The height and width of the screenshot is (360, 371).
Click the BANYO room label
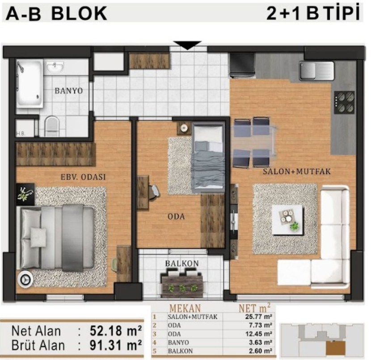click(69, 91)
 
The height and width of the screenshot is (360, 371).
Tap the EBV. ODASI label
click(83, 177)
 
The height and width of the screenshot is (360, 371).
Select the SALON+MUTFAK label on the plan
click(297, 172)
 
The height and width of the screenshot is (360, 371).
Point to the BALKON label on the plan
click(182, 264)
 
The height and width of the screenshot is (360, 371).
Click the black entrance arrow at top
click(187, 46)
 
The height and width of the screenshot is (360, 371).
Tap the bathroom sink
click(55, 67)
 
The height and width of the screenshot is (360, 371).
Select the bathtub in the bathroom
click(30, 84)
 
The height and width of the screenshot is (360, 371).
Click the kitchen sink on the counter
click(316, 71)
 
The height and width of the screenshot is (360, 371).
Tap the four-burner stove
click(344, 102)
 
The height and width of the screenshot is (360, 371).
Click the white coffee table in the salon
click(287, 220)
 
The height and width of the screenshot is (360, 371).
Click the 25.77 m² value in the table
click(259, 317)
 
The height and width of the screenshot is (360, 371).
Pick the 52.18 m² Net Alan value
click(116, 331)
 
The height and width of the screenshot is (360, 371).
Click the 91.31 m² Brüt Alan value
click(116, 345)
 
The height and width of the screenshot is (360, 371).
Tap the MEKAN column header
click(185, 308)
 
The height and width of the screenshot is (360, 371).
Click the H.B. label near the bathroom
click(21, 134)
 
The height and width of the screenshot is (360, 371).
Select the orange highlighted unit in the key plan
click(336, 348)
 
